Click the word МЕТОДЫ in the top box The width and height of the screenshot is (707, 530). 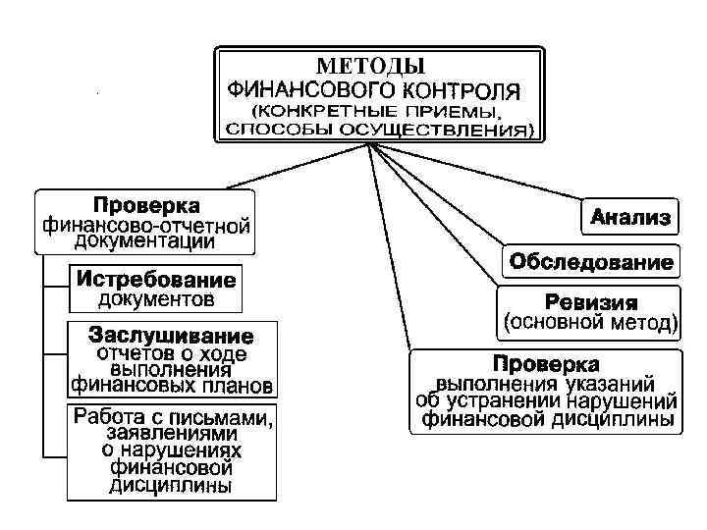coord(371,66)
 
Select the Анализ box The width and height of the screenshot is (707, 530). coord(629,217)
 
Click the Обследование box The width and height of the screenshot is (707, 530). coord(590,263)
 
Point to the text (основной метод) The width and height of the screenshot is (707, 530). coord(590,321)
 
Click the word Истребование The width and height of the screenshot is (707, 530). coord(156,278)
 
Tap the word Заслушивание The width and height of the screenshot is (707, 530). coord(171,335)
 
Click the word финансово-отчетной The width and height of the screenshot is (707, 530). coord(146,225)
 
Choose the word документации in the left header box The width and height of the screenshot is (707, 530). coord(145,241)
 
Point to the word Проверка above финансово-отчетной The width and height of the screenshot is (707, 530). coord(146,206)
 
